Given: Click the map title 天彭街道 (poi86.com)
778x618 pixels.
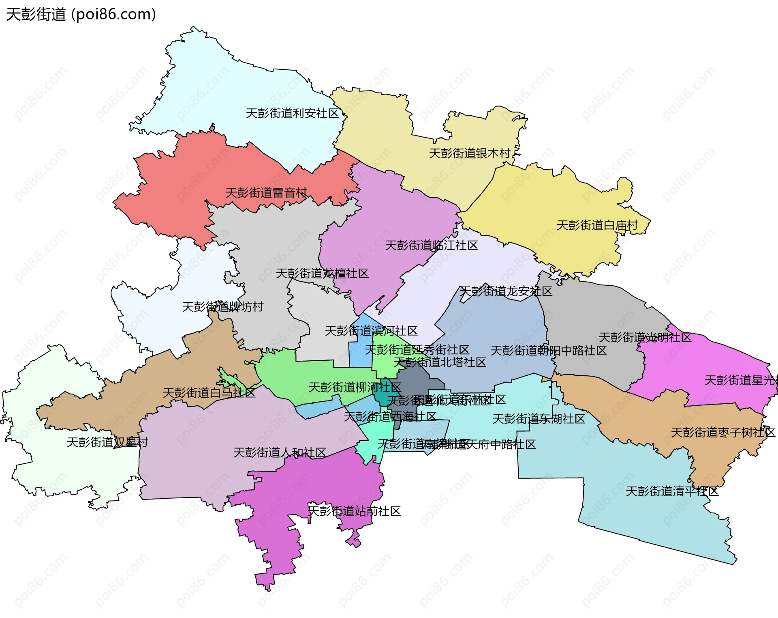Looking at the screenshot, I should tap(81, 15).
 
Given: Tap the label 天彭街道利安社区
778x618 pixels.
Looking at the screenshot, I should tap(292, 113).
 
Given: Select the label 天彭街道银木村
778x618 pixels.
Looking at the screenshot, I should tap(470, 153).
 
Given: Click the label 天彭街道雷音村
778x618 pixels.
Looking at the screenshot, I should tap(266, 193).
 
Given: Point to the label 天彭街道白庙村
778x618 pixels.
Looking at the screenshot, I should tap(597, 225).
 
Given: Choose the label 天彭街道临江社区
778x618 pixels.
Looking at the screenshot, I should tap(431, 245).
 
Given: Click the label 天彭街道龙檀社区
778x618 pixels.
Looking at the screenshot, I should tap(322, 273).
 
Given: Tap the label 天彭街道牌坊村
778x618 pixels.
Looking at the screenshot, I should tap(222, 307).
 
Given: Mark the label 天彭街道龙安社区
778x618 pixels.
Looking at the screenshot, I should tap(506, 291).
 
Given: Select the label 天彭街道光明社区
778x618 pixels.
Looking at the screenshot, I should tap(645, 338).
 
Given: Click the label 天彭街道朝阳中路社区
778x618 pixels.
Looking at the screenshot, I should tap(548, 351).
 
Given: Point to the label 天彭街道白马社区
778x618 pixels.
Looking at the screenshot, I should tap(209, 393).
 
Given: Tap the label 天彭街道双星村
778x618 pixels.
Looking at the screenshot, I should tap(107, 442).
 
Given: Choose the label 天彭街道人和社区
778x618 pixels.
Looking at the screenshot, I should tap(280, 452).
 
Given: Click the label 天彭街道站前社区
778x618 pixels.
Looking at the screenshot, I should tap(354, 511).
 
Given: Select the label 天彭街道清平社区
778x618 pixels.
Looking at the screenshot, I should tap(672, 491).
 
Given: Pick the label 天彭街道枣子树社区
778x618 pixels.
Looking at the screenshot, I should tap(723, 432).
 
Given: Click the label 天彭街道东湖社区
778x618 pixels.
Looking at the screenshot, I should tap(539, 419).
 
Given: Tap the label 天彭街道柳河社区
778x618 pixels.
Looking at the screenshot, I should tap(355, 387).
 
